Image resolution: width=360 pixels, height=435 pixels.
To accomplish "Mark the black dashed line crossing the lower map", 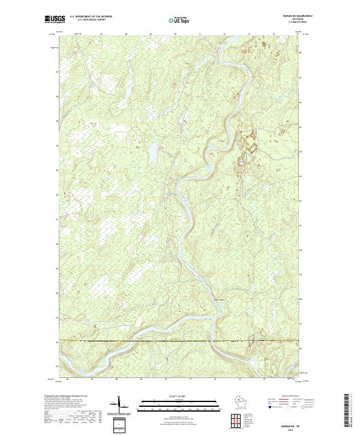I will click(x=180, y=341).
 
